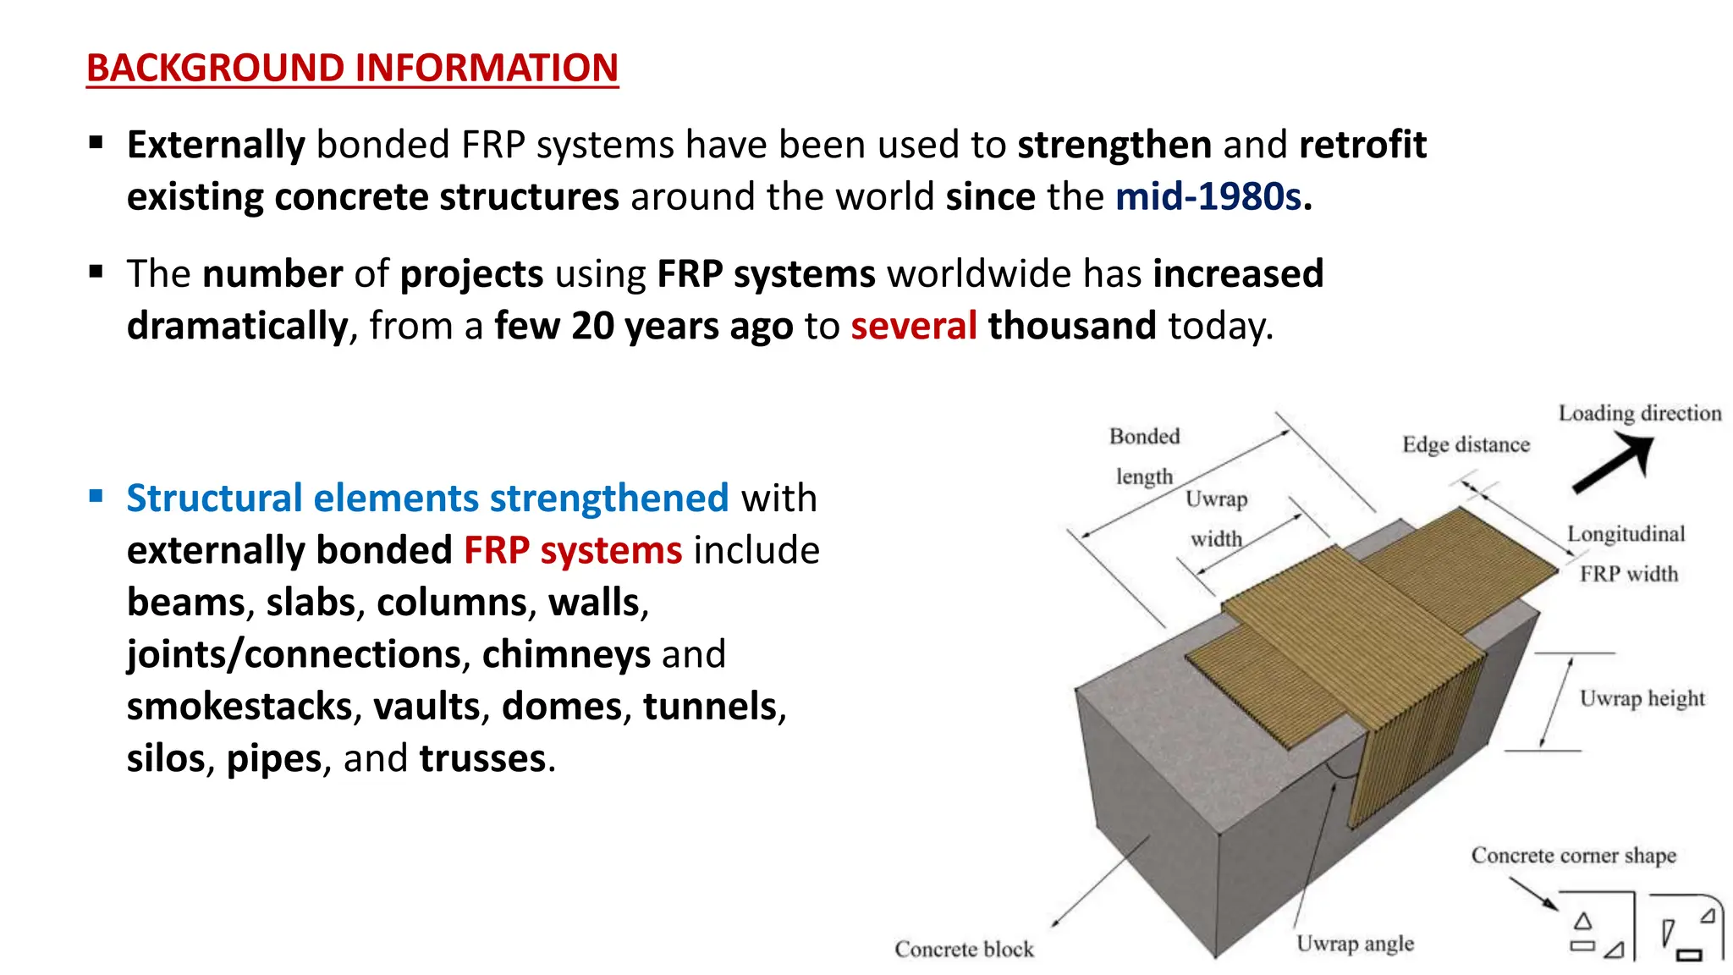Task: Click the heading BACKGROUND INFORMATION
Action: tap(352, 68)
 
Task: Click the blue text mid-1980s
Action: tap(1208, 197)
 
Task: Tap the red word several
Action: tap(913, 326)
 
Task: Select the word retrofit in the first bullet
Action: tap(1362, 145)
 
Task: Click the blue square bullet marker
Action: tap(96, 496)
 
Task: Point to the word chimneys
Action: tap(566, 654)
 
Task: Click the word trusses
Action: tap(483, 758)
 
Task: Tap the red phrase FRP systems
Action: tap(572, 550)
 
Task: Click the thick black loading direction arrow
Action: tap(1613, 464)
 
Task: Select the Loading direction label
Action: tap(1639, 413)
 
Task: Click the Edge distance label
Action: tap(1466, 445)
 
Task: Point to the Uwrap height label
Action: tap(1642, 699)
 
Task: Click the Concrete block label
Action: tap(964, 949)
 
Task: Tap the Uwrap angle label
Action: tap(1355, 944)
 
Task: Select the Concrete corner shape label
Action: tap(1573, 856)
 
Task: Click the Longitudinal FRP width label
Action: tap(1626, 554)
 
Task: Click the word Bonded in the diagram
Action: tap(1144, 437)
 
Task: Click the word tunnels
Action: tap(710, 707)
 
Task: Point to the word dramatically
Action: tap(237, 326)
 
